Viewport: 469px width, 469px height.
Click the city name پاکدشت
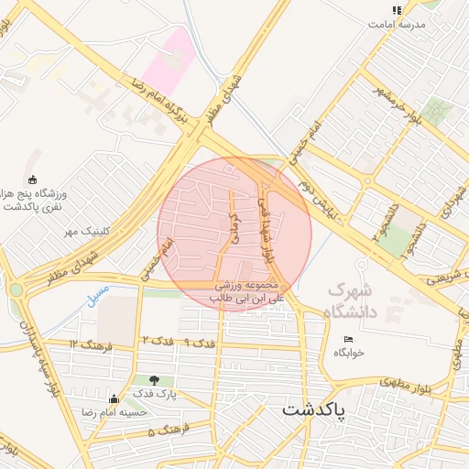(x=314, y=409)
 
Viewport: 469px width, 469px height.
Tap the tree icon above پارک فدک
(x=153, y=380)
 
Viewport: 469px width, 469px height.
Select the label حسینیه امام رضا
(x=115, y=412)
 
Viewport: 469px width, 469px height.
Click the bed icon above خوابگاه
(x=347, y=338)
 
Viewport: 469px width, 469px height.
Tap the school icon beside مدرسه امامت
(x=397, y=11)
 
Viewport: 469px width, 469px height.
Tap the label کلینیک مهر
(x=86, y=231)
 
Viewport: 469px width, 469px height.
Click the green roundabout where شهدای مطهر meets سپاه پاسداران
(x=16, y=289)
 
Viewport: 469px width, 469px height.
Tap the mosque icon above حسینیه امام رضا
(x=115, y=398)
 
